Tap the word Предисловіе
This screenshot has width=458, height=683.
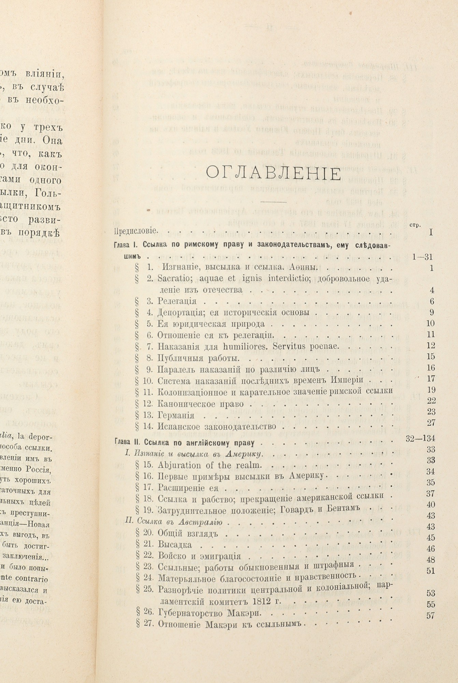coord(136,231)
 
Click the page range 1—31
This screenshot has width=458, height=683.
coord(422,257)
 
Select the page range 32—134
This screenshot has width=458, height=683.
coord(420,438)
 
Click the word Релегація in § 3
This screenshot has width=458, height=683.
coord(177,302)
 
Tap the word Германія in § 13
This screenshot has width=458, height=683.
coord(176,416)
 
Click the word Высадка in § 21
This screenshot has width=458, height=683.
coord(175,545)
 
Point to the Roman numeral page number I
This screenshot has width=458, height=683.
coord(431,233)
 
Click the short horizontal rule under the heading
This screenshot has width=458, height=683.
coord(273,202)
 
